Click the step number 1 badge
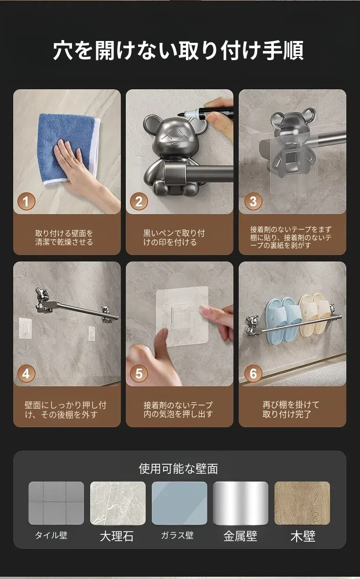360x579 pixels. click(x=26, y=201)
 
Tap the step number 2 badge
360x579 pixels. click(x=139, y=201)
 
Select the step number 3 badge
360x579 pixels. click(x=253, y=201)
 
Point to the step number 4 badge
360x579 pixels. click(x=26, y=374)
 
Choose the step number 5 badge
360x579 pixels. click(x=139, y=374)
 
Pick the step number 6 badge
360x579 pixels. click(x=253, y=374)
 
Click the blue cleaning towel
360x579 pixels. click(x=68, y=149)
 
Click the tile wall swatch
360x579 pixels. click(x=56, y=503)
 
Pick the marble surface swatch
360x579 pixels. click(x=118, y=503)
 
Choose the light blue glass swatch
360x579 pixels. click(x=179, y=503)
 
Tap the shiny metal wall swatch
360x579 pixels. click(x=241, y=503)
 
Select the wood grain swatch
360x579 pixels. click(x=302, y=503)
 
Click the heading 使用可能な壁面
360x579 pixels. click(x=178, y=469)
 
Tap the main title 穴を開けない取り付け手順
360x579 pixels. click(x=178, y=51)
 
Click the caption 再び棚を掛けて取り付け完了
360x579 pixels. click(x=291, y=410)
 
